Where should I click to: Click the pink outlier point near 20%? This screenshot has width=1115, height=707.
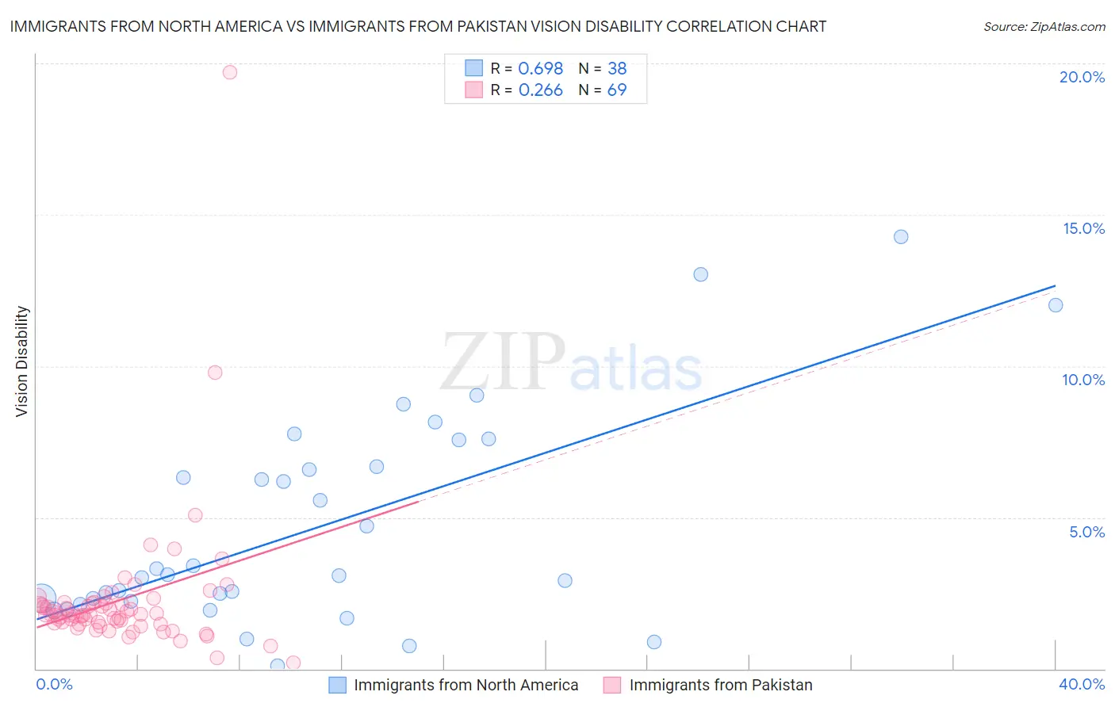point(230,72)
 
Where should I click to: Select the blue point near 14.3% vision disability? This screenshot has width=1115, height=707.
point(901,237)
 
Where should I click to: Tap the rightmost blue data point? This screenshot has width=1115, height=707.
point(1056,305)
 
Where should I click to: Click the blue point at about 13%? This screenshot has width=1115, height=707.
point(701,274)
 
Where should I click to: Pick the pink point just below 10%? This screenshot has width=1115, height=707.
point(215,373)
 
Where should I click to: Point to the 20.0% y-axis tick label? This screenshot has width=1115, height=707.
point(1082,77)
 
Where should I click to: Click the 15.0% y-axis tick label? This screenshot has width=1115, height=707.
point(1083,228)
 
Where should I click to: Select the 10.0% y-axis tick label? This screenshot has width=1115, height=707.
point(1083,380)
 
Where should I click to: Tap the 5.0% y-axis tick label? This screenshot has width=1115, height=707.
point(1086,532)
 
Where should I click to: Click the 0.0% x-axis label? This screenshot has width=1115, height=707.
point(54,684)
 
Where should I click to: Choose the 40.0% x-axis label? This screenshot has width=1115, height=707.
point(1082,684)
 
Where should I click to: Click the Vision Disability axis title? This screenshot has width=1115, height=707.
point(22,361)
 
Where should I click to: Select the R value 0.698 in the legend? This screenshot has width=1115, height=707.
point(540,69)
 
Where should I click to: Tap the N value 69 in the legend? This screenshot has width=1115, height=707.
point(617,90)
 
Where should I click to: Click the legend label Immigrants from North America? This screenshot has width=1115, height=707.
point(466,685)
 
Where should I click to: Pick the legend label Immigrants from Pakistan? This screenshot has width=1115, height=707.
point(721,685)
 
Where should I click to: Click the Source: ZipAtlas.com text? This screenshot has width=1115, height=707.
point(1044,27)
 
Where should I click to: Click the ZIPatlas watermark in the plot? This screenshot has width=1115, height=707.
point(571,363)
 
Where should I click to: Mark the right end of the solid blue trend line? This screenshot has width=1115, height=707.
point(1056,285)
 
